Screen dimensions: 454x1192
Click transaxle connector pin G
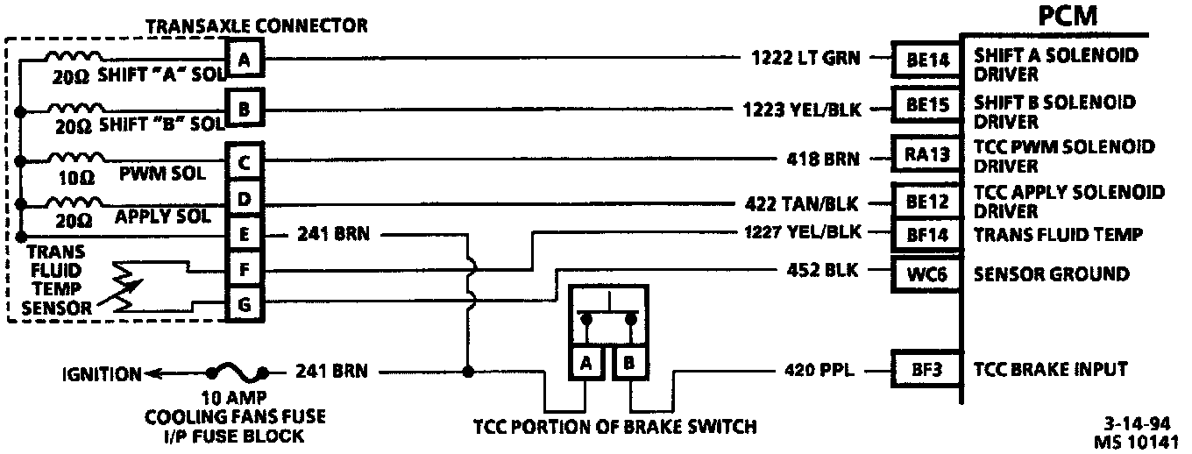(245, 306)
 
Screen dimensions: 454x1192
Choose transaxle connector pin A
(245, 60)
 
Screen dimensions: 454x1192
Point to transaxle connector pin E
(245, 234)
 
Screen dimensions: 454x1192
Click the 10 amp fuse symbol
(236, 370)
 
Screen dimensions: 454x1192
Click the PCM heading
(1068, 18)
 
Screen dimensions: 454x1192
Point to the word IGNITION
(102, 374)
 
